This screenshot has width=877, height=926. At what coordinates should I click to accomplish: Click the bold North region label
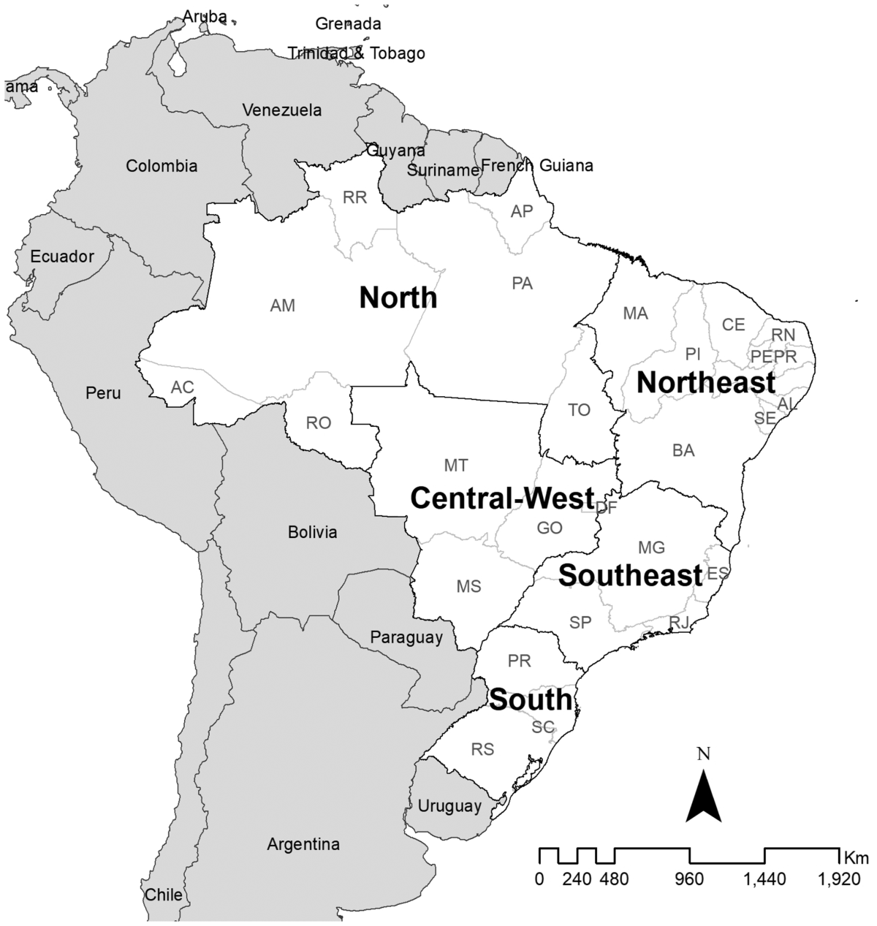pos(398,298)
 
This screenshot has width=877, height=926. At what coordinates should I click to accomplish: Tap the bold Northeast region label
pos(706,382)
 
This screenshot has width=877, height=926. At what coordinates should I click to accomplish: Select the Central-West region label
pos(502,498)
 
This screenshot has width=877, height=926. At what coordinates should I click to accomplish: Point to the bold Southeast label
pos(630,575)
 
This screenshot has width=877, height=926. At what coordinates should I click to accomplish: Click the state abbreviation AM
pos(283,305)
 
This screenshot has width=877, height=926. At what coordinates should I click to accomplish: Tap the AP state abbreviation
pos(522,211)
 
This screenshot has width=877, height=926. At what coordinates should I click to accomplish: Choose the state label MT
pos(455,466)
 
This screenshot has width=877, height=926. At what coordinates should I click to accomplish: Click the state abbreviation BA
pos(683,450)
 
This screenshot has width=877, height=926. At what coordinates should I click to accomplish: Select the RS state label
pos(482,749)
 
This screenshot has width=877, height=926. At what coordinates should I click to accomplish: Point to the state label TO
pos(579,410)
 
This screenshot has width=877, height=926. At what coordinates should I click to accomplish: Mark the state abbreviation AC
pos(183,387)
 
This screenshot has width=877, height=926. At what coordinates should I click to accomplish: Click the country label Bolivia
pos(313,532)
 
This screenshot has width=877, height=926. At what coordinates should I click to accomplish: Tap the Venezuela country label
pos(282,110)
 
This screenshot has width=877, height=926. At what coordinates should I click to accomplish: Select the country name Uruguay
pos(449,806)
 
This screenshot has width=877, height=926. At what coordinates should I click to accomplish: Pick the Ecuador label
pos(62,257)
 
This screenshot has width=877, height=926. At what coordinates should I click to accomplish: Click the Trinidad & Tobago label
pos(356,53)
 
